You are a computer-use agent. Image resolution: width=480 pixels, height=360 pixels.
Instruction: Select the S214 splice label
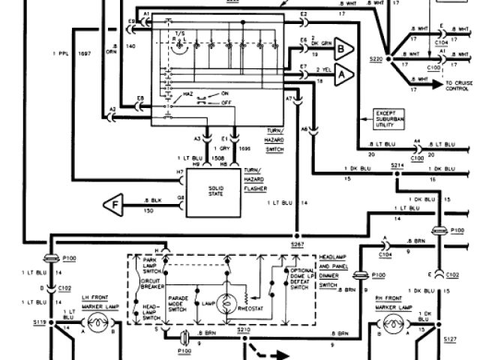397,166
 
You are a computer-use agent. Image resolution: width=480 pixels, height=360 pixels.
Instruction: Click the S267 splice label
297,244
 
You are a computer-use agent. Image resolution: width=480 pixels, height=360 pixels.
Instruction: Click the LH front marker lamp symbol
96,325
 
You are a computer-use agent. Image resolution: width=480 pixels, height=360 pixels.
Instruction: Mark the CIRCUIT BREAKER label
153,287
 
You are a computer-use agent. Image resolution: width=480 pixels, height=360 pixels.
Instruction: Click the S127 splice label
449,338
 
